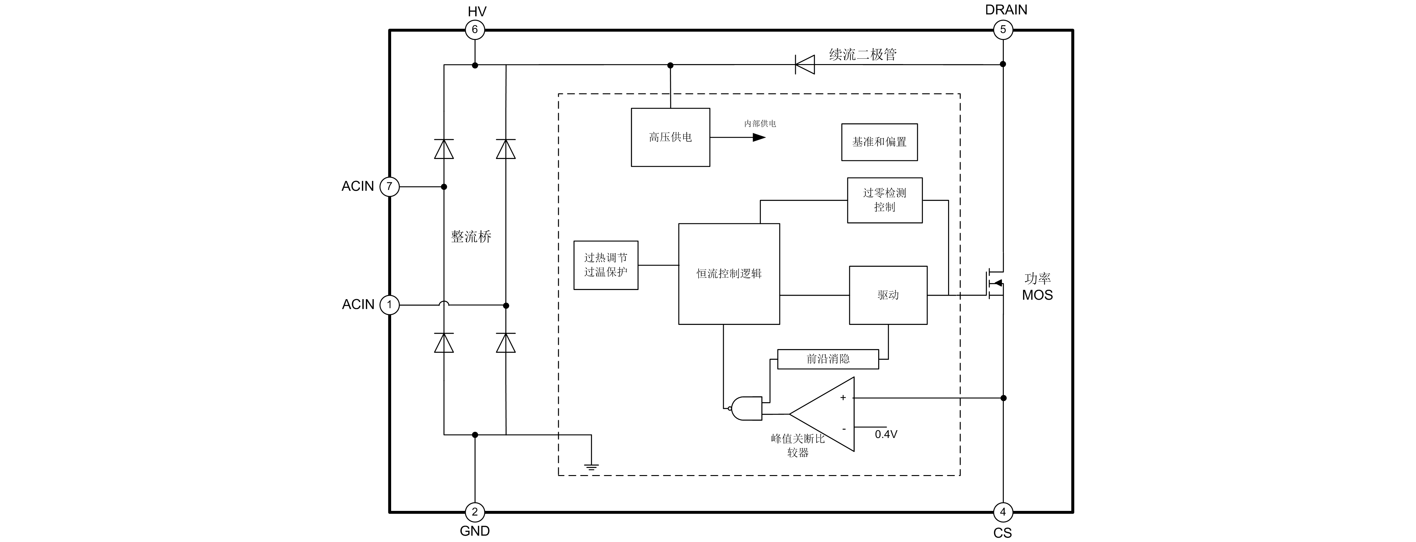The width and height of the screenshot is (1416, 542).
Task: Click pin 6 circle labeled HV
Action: [x=475, y=30]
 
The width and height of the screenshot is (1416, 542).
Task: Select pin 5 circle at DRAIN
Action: [x=1003, y=30]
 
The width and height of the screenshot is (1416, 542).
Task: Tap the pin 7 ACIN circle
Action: [x=389, y=187]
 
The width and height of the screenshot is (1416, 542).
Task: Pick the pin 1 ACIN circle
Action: [x=389, y=305]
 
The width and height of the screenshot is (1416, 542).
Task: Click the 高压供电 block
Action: [x=670, y=137]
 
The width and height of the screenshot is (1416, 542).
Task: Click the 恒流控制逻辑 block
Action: [x=729, y=273]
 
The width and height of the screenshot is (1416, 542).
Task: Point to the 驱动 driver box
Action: [x=888, y=295]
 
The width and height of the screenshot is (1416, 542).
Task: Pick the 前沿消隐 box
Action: [x=828, y=359]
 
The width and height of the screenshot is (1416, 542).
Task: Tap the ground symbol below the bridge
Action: [x=592, y=467]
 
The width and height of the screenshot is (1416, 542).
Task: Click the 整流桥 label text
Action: [x=471, y=237]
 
